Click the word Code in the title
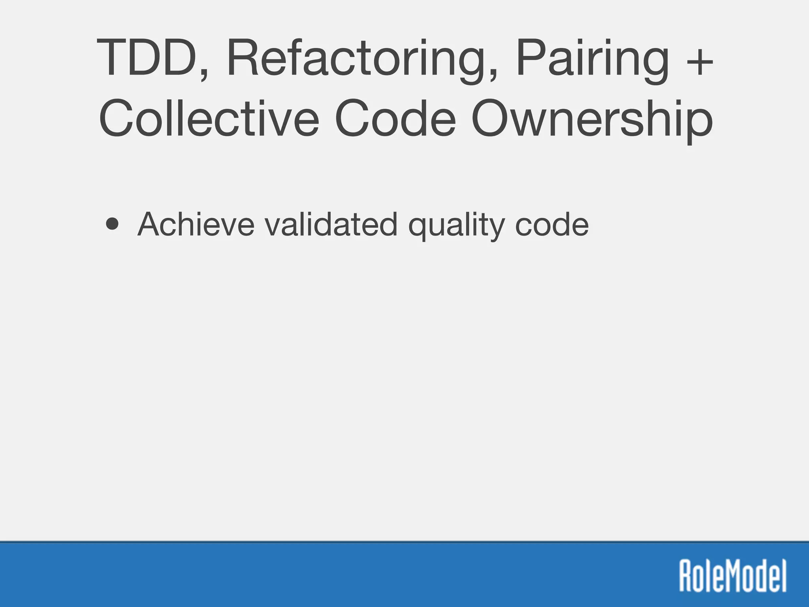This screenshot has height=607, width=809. pyautogui.click(x=395, y=118)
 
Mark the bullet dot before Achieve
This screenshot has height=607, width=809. pyautogui.click(x=113, y=224)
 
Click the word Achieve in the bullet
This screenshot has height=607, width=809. pyautogui.click(x=196, y=224)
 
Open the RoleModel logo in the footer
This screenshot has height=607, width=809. pyautogui.click(x=733, y=575)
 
